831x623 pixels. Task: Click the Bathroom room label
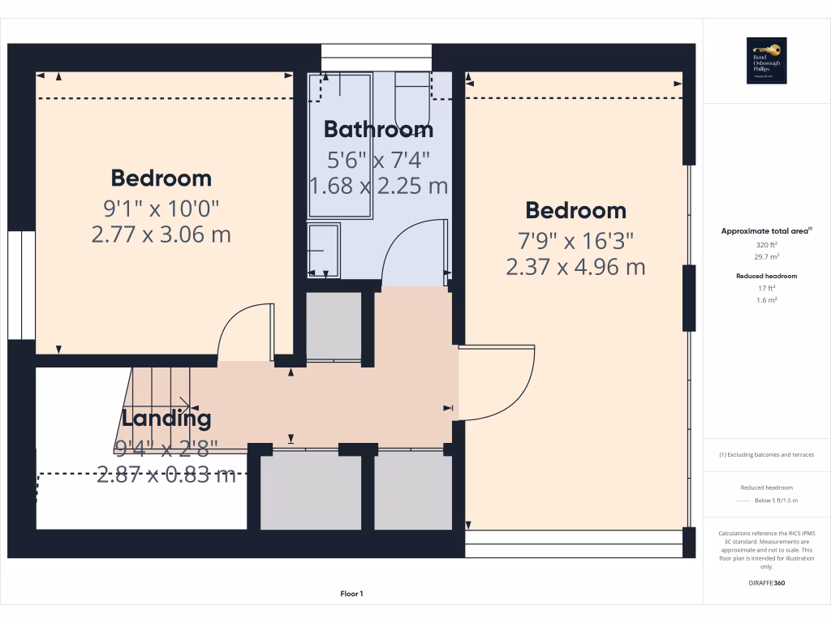tap(378, 129)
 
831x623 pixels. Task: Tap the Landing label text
tap(166, 419)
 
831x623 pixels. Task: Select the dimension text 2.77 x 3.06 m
tap(161, 235)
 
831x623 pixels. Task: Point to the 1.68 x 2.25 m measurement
tap(378, 186)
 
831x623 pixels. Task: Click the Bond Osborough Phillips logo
tap(766, 61)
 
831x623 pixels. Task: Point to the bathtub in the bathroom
tap(339, 146)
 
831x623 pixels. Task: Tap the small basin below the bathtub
tap(324, 250)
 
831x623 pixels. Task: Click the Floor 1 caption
tap(351, 594)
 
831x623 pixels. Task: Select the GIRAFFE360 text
tap(766, 582)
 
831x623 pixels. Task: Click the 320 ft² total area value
tap(766, 244)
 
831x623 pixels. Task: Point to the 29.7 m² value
tap(766, 256)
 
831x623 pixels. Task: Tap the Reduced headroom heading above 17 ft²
tap(766, 276)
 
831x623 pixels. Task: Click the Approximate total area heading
tap(766, 231)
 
